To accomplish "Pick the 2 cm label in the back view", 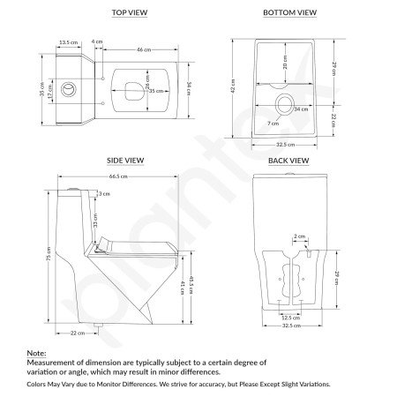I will pos(300,237).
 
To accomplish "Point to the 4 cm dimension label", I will pos(97,41).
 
